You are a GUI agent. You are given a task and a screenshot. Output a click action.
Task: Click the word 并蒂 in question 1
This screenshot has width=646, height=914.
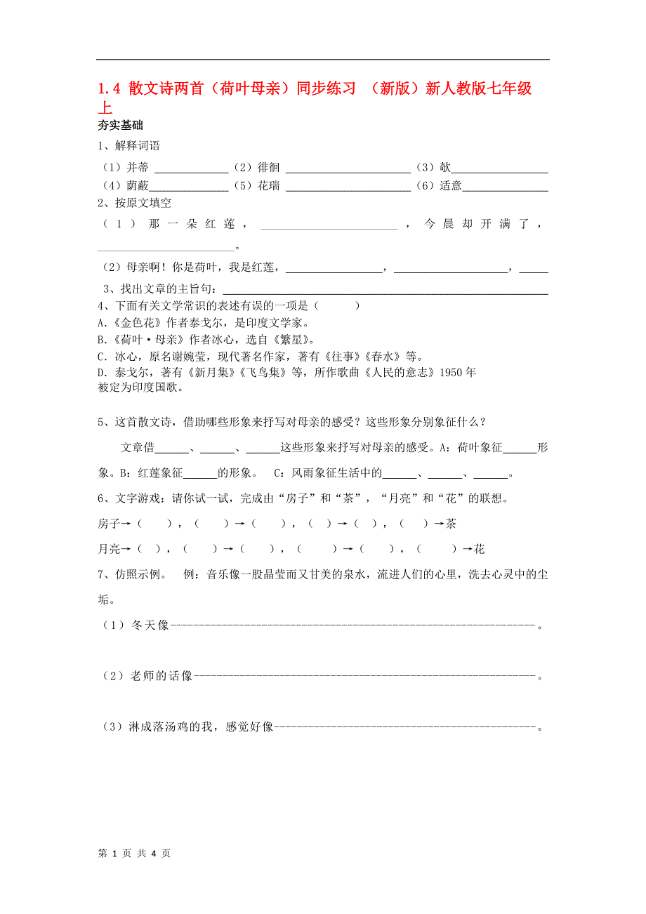click(138, 167)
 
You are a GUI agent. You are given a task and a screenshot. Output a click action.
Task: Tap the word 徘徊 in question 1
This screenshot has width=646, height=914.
click(268, 167)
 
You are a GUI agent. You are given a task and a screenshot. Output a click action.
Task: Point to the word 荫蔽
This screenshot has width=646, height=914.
click(138, 186)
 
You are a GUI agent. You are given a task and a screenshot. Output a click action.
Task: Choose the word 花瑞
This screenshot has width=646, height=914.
click(268, 186)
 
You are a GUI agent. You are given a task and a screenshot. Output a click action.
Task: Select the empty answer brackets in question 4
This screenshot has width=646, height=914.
click(338, 305)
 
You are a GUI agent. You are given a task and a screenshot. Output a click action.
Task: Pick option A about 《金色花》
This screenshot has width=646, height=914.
click(204, 323)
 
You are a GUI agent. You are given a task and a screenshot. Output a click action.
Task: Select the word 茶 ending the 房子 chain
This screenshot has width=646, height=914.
click(451, 524)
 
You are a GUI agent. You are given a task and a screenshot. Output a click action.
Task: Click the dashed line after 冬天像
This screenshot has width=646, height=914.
click(353, 625)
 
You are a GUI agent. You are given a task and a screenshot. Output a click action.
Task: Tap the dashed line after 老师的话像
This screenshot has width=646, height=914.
click(364, 676)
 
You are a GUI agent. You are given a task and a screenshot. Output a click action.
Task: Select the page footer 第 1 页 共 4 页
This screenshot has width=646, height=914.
click(133, 854)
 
